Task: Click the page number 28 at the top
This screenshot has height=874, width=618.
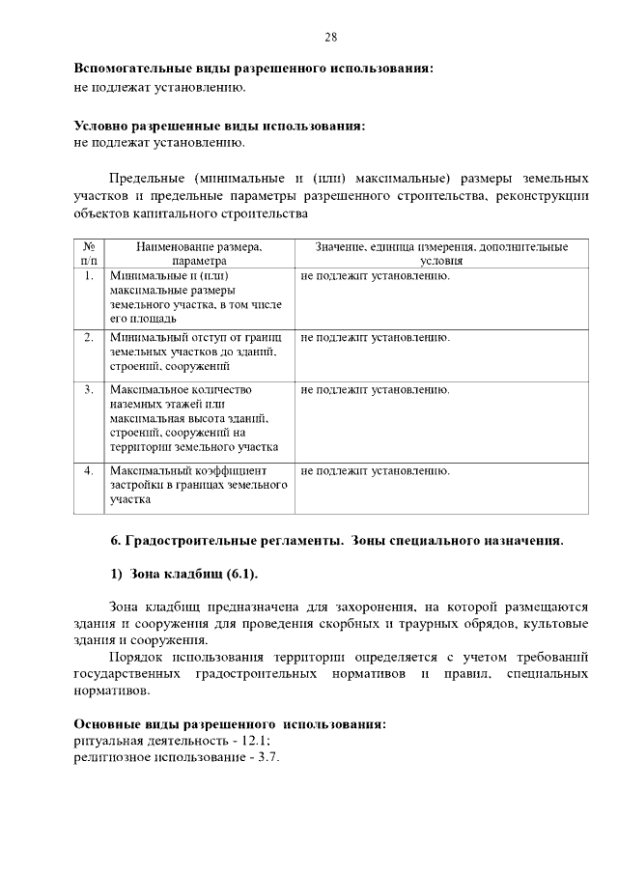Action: coord(330,38)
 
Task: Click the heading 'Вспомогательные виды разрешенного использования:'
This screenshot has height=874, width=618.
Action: coord(254,70)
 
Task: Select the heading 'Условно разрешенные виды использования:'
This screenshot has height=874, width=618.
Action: coord(220,126)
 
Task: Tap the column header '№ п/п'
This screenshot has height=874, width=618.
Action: coord(89,254)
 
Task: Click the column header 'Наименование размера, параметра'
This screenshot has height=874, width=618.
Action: coord(199,254)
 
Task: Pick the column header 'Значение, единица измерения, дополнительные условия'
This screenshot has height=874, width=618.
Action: coord(441,254)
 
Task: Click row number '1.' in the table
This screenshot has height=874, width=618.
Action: coord(89,276)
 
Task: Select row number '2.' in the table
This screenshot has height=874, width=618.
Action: coord(89,338)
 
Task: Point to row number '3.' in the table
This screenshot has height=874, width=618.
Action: coord(89,390)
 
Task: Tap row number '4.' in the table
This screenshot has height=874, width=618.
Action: coord(89,471)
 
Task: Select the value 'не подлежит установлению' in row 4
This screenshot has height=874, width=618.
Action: coord(376,471)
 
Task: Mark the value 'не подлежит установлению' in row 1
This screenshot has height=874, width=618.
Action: coord(376,276)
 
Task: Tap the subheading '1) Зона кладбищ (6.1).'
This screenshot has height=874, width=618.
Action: coord(183,575)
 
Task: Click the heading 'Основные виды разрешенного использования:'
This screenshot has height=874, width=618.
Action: coord(231,724)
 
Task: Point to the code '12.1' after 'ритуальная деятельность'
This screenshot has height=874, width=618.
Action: coord(254,741)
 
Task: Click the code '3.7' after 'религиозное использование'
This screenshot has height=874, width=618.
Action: coord(263,757)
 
